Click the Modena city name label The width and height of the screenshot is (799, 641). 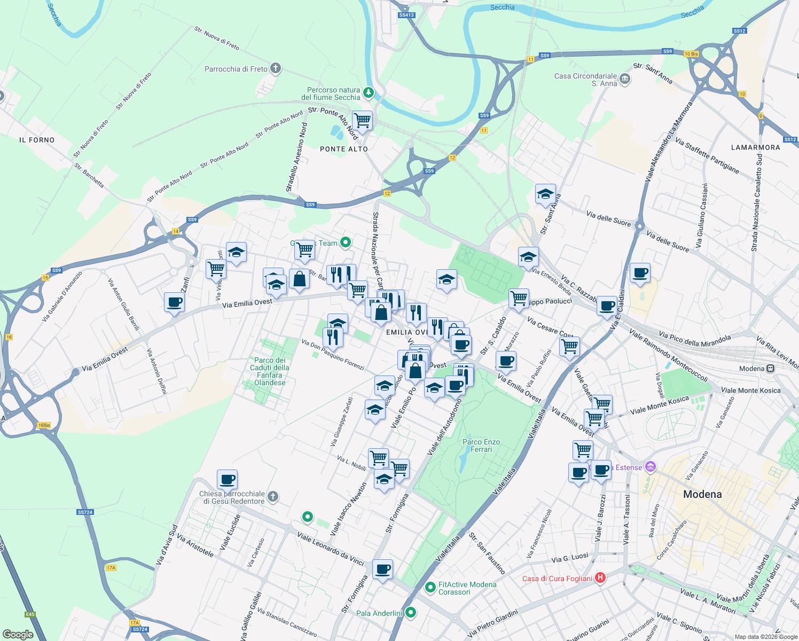point(702,494)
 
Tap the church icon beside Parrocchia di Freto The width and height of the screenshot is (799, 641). point(275,68)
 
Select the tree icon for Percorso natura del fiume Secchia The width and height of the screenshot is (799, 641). point(369,93)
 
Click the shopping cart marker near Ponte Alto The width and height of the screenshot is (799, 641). point(363,121)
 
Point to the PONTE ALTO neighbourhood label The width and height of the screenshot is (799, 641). point(344,149)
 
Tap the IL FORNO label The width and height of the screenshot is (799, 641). point(37,140)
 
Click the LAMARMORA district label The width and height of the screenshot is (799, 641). point(755,147)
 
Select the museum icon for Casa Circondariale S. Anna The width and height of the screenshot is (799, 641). point(625,80)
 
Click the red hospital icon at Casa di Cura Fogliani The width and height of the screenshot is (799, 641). point(600,577)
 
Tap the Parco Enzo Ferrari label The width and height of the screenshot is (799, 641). point(481,445)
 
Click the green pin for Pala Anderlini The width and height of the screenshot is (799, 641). point(410,612)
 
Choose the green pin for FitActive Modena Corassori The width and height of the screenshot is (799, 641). point(430,588)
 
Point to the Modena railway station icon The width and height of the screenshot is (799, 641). point(770,369)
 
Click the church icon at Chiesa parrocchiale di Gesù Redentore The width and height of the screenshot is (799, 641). point(272,497)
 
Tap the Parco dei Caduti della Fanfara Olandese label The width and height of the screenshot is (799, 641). point(270,371)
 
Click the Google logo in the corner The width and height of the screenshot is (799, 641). point(18,634)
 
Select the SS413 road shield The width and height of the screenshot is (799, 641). point(406,15)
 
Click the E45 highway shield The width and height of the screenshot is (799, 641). point(30,614)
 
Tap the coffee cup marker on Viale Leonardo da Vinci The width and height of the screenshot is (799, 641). point(382,569)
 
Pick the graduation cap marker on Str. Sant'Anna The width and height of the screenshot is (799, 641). point(545,194)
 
